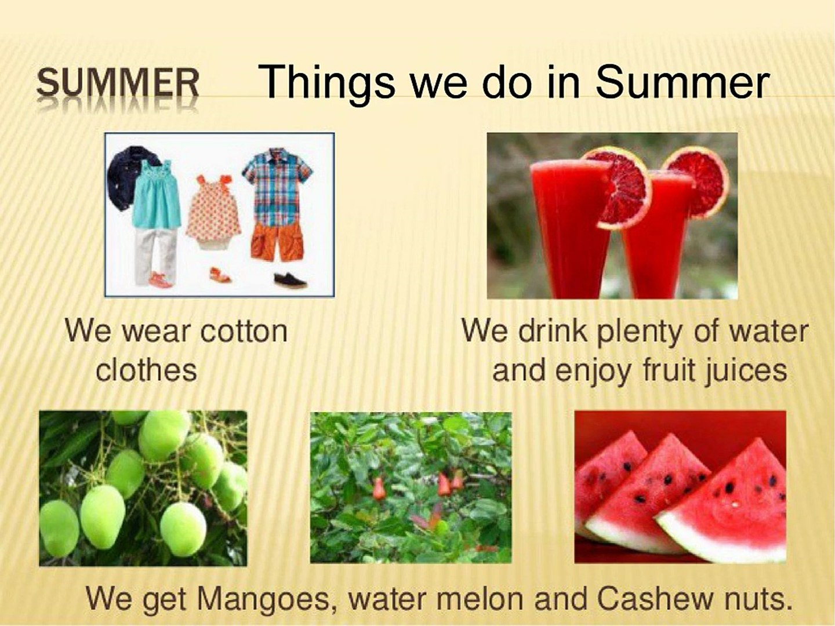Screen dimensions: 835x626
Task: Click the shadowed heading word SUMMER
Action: (x=118, y=83)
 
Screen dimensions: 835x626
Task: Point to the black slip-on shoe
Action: (x=291, y=280)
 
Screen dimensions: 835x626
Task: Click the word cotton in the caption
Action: (x=244, y=332)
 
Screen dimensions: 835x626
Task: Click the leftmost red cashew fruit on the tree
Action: (x=377, y=489)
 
